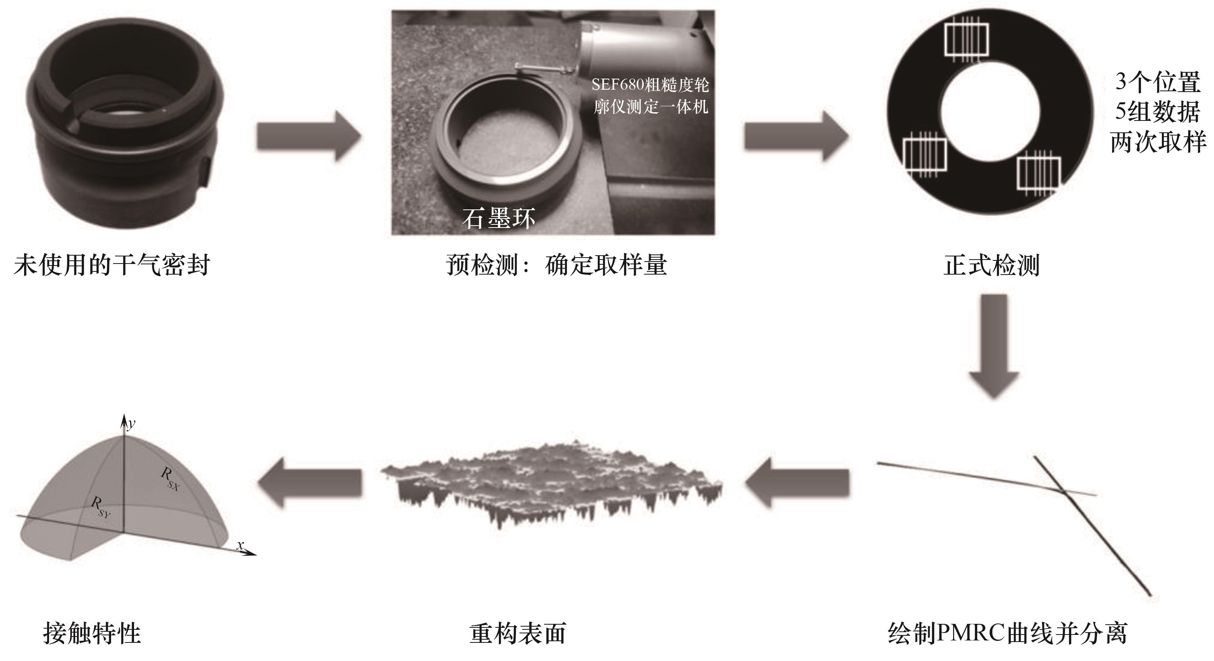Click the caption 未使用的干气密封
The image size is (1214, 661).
coord(112,265)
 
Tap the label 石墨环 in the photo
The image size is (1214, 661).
coord(498,218)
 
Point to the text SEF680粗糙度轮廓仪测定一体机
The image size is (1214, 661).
coord(650,96)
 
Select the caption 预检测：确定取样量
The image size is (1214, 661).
coord(557,265)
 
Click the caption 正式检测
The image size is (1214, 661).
coord(991,265)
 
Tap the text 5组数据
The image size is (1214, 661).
coord(1157,112)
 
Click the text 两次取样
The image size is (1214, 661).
coord(1158,142)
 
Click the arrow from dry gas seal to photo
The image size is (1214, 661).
coord(309,137)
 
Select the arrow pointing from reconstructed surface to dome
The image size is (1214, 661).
coord(310,482)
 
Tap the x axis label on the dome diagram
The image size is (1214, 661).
coord(240,545)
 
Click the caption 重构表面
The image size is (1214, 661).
coord(518,634)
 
